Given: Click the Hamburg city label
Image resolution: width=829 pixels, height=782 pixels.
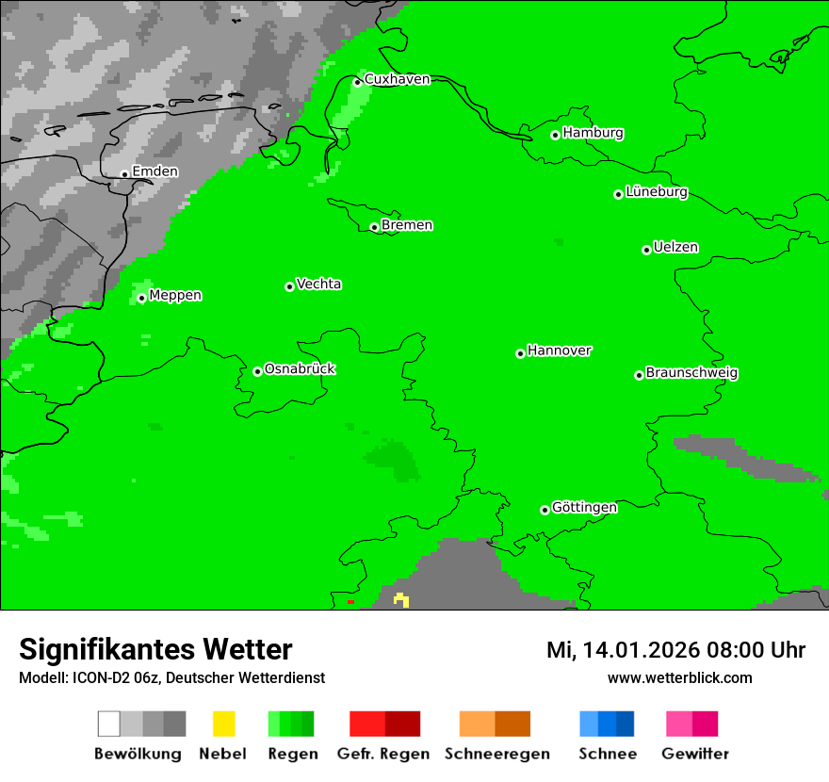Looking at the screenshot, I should [593, 133].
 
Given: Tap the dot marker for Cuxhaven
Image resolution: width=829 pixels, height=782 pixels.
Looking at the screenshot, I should [357, 82].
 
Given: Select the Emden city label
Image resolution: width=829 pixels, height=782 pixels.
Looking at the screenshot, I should [154, 171].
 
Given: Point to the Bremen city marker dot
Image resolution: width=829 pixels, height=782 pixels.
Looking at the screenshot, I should [374, 227].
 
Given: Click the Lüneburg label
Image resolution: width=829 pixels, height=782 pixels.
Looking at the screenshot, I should [656, 192].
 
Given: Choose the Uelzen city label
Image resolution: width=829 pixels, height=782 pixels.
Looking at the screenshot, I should [675, 248].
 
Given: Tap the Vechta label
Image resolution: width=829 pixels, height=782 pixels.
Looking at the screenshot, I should [318, 284].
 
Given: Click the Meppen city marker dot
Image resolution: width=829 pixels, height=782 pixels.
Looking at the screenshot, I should [141, 298].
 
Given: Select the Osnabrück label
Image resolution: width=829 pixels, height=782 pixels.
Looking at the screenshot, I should [300, 369].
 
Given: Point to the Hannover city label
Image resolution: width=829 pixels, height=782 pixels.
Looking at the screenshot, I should [559, 350].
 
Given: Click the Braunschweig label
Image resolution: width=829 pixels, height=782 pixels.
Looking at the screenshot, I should [691, 373].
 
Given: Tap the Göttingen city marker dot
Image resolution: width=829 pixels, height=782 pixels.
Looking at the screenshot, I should [545, 510].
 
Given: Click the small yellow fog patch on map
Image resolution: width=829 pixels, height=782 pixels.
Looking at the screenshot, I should [401, 599].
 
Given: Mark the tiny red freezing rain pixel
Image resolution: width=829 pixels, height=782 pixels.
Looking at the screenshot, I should [350, 601].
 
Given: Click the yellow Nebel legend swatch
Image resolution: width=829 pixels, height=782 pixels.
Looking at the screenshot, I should [223, 724].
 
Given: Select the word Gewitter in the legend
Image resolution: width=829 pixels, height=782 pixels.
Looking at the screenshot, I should [694, 754].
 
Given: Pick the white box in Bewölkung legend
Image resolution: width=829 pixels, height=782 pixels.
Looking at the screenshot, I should [109, 724].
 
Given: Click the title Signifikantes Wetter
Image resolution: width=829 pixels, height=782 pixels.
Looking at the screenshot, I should [155, 650].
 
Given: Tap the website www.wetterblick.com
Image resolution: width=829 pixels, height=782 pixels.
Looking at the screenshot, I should [679, 678].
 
